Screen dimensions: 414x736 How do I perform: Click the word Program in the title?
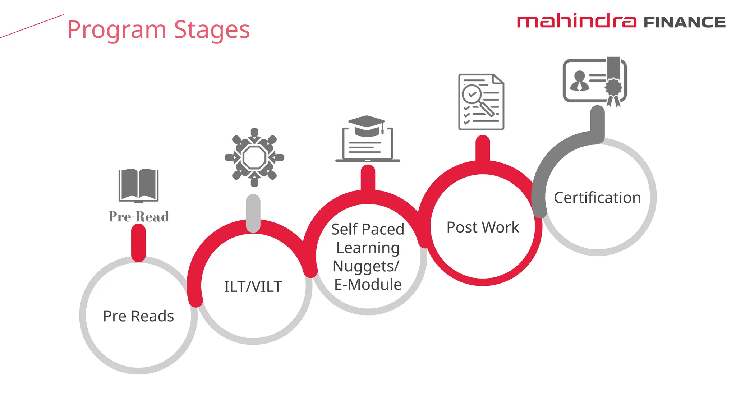[116, 30]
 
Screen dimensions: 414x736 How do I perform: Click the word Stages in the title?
[212, 30]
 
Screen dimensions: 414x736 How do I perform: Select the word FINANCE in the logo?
[684, 22]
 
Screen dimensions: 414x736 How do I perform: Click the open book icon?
[138, 185]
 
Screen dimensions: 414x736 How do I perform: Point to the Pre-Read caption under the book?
[139, 217]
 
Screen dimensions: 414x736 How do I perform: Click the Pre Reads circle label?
[138, 316]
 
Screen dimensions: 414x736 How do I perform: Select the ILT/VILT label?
[253, 286]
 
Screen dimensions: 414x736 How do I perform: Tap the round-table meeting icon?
[254, 157]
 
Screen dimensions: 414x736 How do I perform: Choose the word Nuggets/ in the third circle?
[366, 266]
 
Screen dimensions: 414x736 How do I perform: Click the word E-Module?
[368, 285]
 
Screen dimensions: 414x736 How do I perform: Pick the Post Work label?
[483, 227]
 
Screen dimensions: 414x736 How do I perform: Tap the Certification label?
[597, 198]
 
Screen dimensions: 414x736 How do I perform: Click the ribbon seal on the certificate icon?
[613, 88]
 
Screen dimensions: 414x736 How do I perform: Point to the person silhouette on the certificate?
[579, 81]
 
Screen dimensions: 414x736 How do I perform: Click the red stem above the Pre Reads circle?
[138, 242]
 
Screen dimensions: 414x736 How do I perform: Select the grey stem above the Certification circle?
[597, 122]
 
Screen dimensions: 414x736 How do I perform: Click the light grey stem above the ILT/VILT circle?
[253, 213]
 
